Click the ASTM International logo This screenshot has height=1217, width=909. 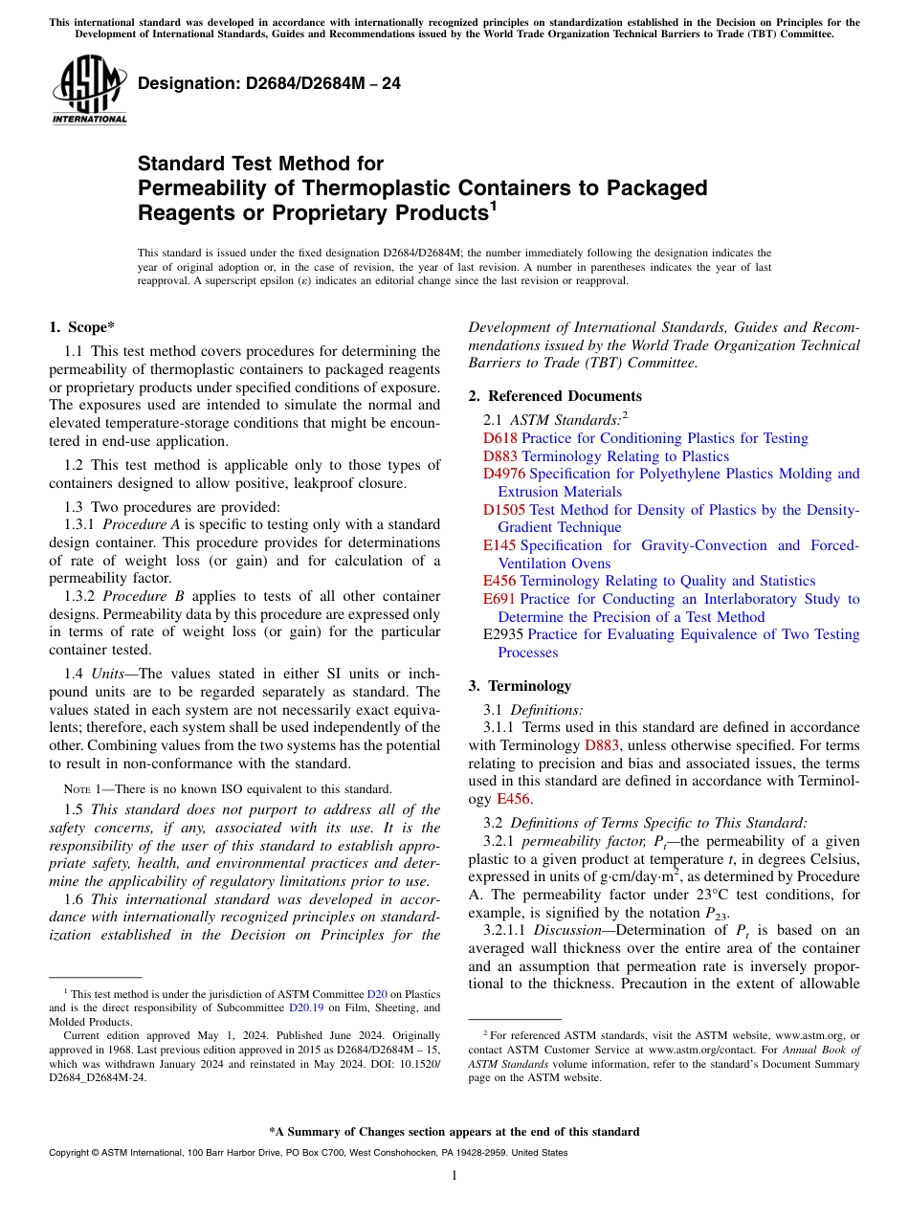coord(89,89)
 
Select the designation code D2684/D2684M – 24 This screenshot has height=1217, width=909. coord(269,83)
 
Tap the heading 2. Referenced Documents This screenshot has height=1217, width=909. coord(555,396)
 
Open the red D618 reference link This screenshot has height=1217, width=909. coord(499,438)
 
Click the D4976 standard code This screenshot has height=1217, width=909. coord(503,474)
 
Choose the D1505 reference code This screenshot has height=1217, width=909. coord(503,510)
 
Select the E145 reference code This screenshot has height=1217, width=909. coord(499,545)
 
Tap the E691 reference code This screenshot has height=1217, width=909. coord(499,599)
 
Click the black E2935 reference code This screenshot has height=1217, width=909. coord(503,634)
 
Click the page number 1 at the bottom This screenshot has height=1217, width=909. coord(454,1175)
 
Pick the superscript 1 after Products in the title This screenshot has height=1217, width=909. coord(493,205)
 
